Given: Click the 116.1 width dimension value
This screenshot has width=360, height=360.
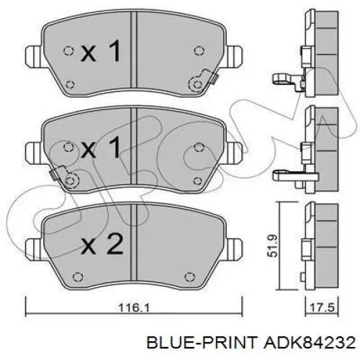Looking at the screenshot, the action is coord(134,307).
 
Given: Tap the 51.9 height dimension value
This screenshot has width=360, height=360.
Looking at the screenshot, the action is coord(274,246).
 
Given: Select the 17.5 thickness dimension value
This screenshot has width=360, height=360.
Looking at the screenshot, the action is coord(323,307).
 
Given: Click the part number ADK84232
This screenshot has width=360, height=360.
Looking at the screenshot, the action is coord(310,343).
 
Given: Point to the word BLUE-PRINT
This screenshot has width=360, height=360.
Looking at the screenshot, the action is coord(202,343).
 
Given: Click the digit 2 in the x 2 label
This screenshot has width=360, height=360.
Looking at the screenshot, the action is coord(115,244).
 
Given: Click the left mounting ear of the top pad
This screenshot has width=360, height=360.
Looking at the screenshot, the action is coord(34,56).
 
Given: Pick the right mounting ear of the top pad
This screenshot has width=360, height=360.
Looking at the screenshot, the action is coord(235,56).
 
